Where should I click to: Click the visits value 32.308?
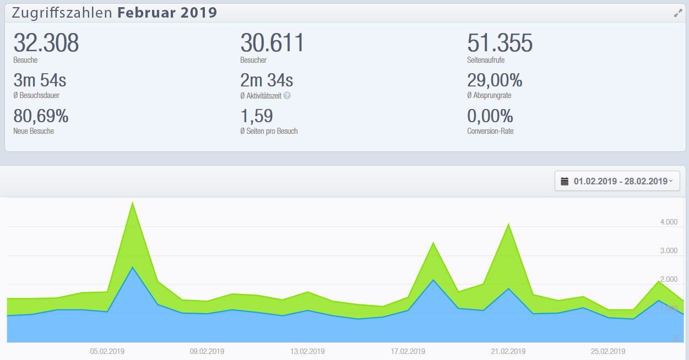click(x=46, y=43)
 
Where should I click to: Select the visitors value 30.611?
click(x=272, y=43)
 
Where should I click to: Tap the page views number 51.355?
click(x=500, y=43)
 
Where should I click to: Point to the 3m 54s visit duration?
click(x=40, y=81)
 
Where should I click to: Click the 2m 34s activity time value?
click(x=267, y=81)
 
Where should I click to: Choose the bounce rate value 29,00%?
click(x=495, y=81)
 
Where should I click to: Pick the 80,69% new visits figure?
click(x=41, y=116)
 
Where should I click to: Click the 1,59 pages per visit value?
click(x=257, y=116)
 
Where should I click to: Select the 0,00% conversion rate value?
click(x=490, y=116)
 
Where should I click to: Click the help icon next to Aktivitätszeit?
click(x=287, y=96)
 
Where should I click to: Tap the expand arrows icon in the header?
click(x=678, y=13)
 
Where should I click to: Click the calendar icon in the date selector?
click(x=565, y=181)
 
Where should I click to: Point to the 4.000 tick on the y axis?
click(x=668, y=222)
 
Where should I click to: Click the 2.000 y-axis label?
click(x=668, y=280)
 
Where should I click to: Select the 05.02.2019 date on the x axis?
click(x=106, y=351)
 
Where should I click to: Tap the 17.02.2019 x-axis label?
click(x=408, y=351)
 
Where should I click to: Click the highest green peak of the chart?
click(x=132, y=203)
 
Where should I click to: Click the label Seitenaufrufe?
click(x=486, y=60)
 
